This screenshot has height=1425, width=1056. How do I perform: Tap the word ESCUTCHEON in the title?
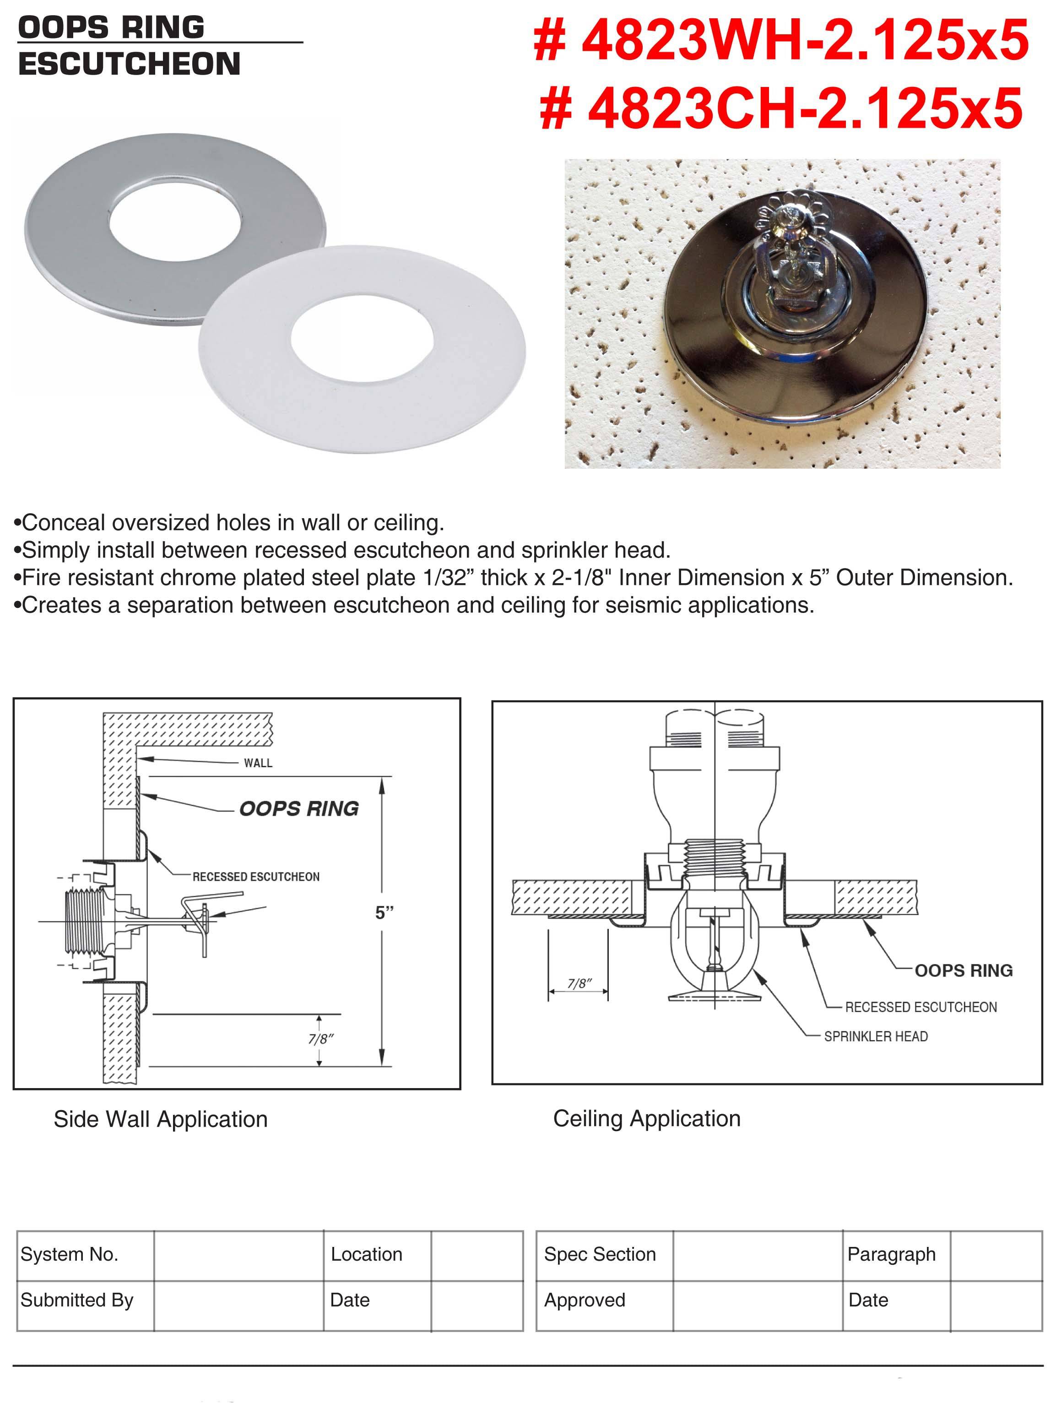pos(129,64)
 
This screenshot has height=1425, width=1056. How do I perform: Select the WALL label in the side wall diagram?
pos(258,763)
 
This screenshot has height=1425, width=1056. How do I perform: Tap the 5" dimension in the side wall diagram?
pos(384,912)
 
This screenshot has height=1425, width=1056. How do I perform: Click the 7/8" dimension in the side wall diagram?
pos(321,1039)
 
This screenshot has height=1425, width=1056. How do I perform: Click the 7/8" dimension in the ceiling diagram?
pos(579,983)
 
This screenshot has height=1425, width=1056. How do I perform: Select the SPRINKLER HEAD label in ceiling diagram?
pos(875,1036)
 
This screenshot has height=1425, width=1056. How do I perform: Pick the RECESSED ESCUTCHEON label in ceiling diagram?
pos(921,1007)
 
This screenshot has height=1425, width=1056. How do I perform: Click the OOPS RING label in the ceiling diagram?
pos(964,970)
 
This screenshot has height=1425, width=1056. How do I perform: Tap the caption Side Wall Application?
pos(161,1119)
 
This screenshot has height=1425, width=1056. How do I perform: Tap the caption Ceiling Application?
pos(646,1119)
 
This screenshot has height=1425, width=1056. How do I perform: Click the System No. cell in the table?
pos(69,1254)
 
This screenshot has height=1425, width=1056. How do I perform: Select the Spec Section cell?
pos(599,1254)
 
